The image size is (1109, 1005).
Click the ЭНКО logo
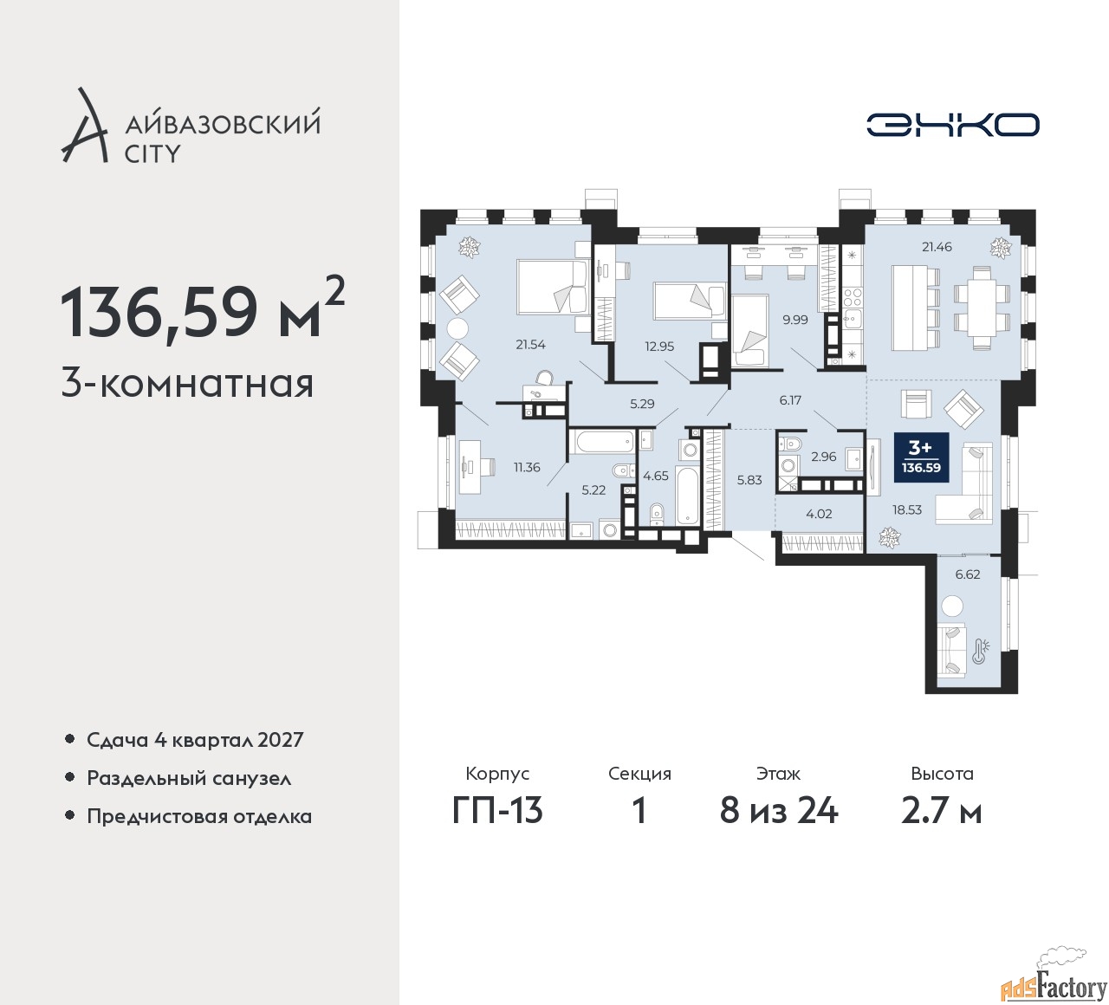(x=952, y=125)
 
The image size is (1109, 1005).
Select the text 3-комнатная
(x=187, y=383)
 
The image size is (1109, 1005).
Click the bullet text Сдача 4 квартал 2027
(x=195, y=740)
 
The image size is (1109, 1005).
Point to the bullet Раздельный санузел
(x=189, y=778)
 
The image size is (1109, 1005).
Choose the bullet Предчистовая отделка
(x=199, y=816)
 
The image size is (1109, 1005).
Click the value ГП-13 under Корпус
(x=497, y=810)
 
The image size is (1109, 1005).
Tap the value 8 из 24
(x=779, y=810)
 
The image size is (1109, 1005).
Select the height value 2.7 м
(x=942, y=810)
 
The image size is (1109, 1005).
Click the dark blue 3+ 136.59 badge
(x=921, y=457)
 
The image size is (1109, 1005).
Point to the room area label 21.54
(x=530, y=344)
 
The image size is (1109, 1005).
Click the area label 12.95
(x=659, y=346)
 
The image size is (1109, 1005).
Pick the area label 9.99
(x=794, y=319)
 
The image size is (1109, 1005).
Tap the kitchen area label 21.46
(x=937, y=247)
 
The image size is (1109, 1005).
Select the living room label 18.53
(x=907, y=509)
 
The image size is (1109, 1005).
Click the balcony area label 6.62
(x=967, y=574)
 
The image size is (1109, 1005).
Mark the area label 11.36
(x=527, y=467)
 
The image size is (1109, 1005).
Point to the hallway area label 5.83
(x=749, y=479)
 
